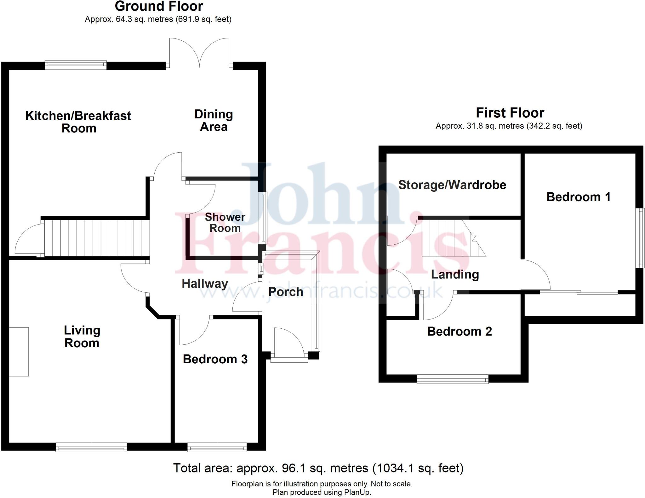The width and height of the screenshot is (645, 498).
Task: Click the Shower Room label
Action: [x=225, y=223]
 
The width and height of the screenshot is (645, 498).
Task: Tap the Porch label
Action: [x=286, y=292]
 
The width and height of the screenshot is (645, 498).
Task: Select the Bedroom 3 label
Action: [x=215, y=359]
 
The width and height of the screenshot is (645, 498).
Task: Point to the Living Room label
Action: [x=82, y=337]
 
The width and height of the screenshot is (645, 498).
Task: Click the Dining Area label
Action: [x=214, y=120]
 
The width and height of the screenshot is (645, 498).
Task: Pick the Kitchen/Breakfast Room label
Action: [x=78, y=122]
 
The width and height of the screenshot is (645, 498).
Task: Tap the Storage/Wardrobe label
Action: [x=452, y=185]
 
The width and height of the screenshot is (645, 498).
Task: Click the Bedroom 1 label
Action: [x=578, y=197]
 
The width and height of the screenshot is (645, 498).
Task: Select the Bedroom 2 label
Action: [x=459, y=331]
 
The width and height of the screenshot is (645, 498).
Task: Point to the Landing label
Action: [x=455, y=274]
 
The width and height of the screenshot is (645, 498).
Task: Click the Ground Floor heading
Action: [x=159, y=6]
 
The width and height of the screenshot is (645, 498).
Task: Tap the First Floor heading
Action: [x=510, y=113]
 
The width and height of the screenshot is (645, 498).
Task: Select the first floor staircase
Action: [x=450, y=238]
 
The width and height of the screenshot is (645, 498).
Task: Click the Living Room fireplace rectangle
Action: [x=19, y=352]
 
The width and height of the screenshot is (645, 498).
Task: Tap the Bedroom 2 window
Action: [x=453, y=379]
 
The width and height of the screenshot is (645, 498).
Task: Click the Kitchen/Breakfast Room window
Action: [x=76, y=65]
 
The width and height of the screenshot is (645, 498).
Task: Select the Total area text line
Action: [x=318, y=468]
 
